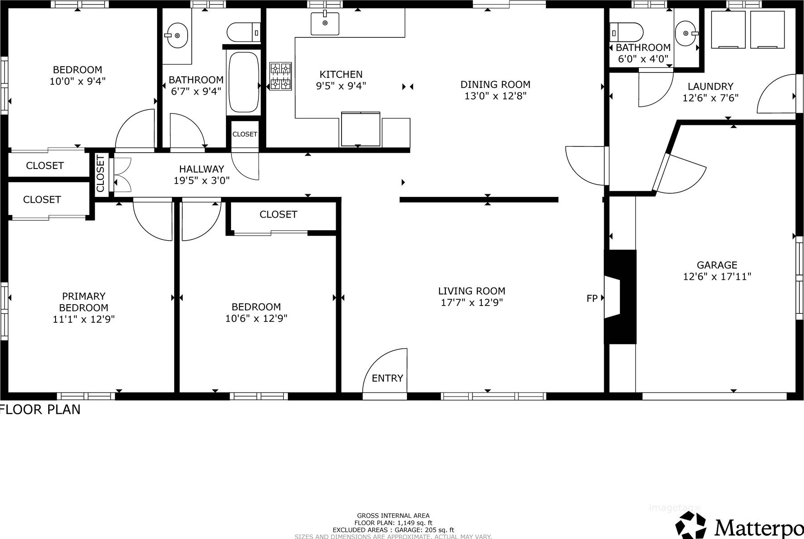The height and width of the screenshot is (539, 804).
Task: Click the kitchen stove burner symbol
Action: [281, 76]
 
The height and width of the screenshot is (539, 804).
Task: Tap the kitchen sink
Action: [325, 23]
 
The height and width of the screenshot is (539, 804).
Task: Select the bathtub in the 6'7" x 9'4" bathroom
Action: [244, 82]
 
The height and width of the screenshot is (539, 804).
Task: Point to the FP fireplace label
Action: [592, 298]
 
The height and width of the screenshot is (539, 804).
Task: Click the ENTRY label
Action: [387, 378]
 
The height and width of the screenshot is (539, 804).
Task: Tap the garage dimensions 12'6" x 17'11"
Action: [717, 276]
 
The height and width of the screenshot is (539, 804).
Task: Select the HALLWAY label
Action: [202, 169]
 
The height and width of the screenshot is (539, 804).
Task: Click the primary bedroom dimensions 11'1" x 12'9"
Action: [84, 319]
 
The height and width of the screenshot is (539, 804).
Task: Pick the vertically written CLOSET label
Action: [100, 174]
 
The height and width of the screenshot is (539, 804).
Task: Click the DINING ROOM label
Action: [495, 84]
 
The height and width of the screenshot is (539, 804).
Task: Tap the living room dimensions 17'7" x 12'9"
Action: [472, 302]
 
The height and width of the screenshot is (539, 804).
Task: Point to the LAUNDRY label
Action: [711, 86]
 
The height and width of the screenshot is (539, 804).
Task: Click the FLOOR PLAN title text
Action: [41, 409]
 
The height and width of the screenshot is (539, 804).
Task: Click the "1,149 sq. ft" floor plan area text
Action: [415, 523]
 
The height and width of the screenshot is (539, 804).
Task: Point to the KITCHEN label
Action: [341, 74]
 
